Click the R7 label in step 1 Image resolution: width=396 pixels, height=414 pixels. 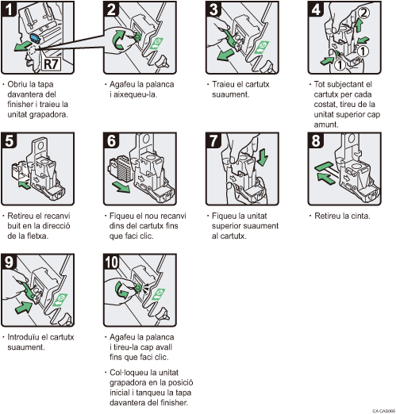point(51,63)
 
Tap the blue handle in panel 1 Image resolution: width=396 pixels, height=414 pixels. point(35,38)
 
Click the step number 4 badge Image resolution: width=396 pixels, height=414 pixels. point(316,9)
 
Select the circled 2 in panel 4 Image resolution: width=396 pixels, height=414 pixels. point(363,13)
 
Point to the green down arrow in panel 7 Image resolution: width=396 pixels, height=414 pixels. point(263,157)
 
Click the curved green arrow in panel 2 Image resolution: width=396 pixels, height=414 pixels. point(119,40)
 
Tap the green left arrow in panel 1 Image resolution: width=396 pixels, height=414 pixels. point(22,46)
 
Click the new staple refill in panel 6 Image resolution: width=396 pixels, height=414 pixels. point(119,168)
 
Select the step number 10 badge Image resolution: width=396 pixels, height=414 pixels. point(112,262)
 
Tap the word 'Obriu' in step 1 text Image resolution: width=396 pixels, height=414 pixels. point(17,84)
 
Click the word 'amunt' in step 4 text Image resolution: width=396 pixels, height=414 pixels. point(325,125)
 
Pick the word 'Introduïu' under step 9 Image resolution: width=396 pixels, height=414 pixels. point(24,337)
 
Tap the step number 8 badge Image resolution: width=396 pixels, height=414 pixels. point(316,140)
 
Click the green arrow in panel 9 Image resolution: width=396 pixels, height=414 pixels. point(24,307)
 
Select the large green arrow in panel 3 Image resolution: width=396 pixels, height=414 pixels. point(225,55)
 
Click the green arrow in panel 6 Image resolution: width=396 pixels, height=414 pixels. point(121,187)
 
